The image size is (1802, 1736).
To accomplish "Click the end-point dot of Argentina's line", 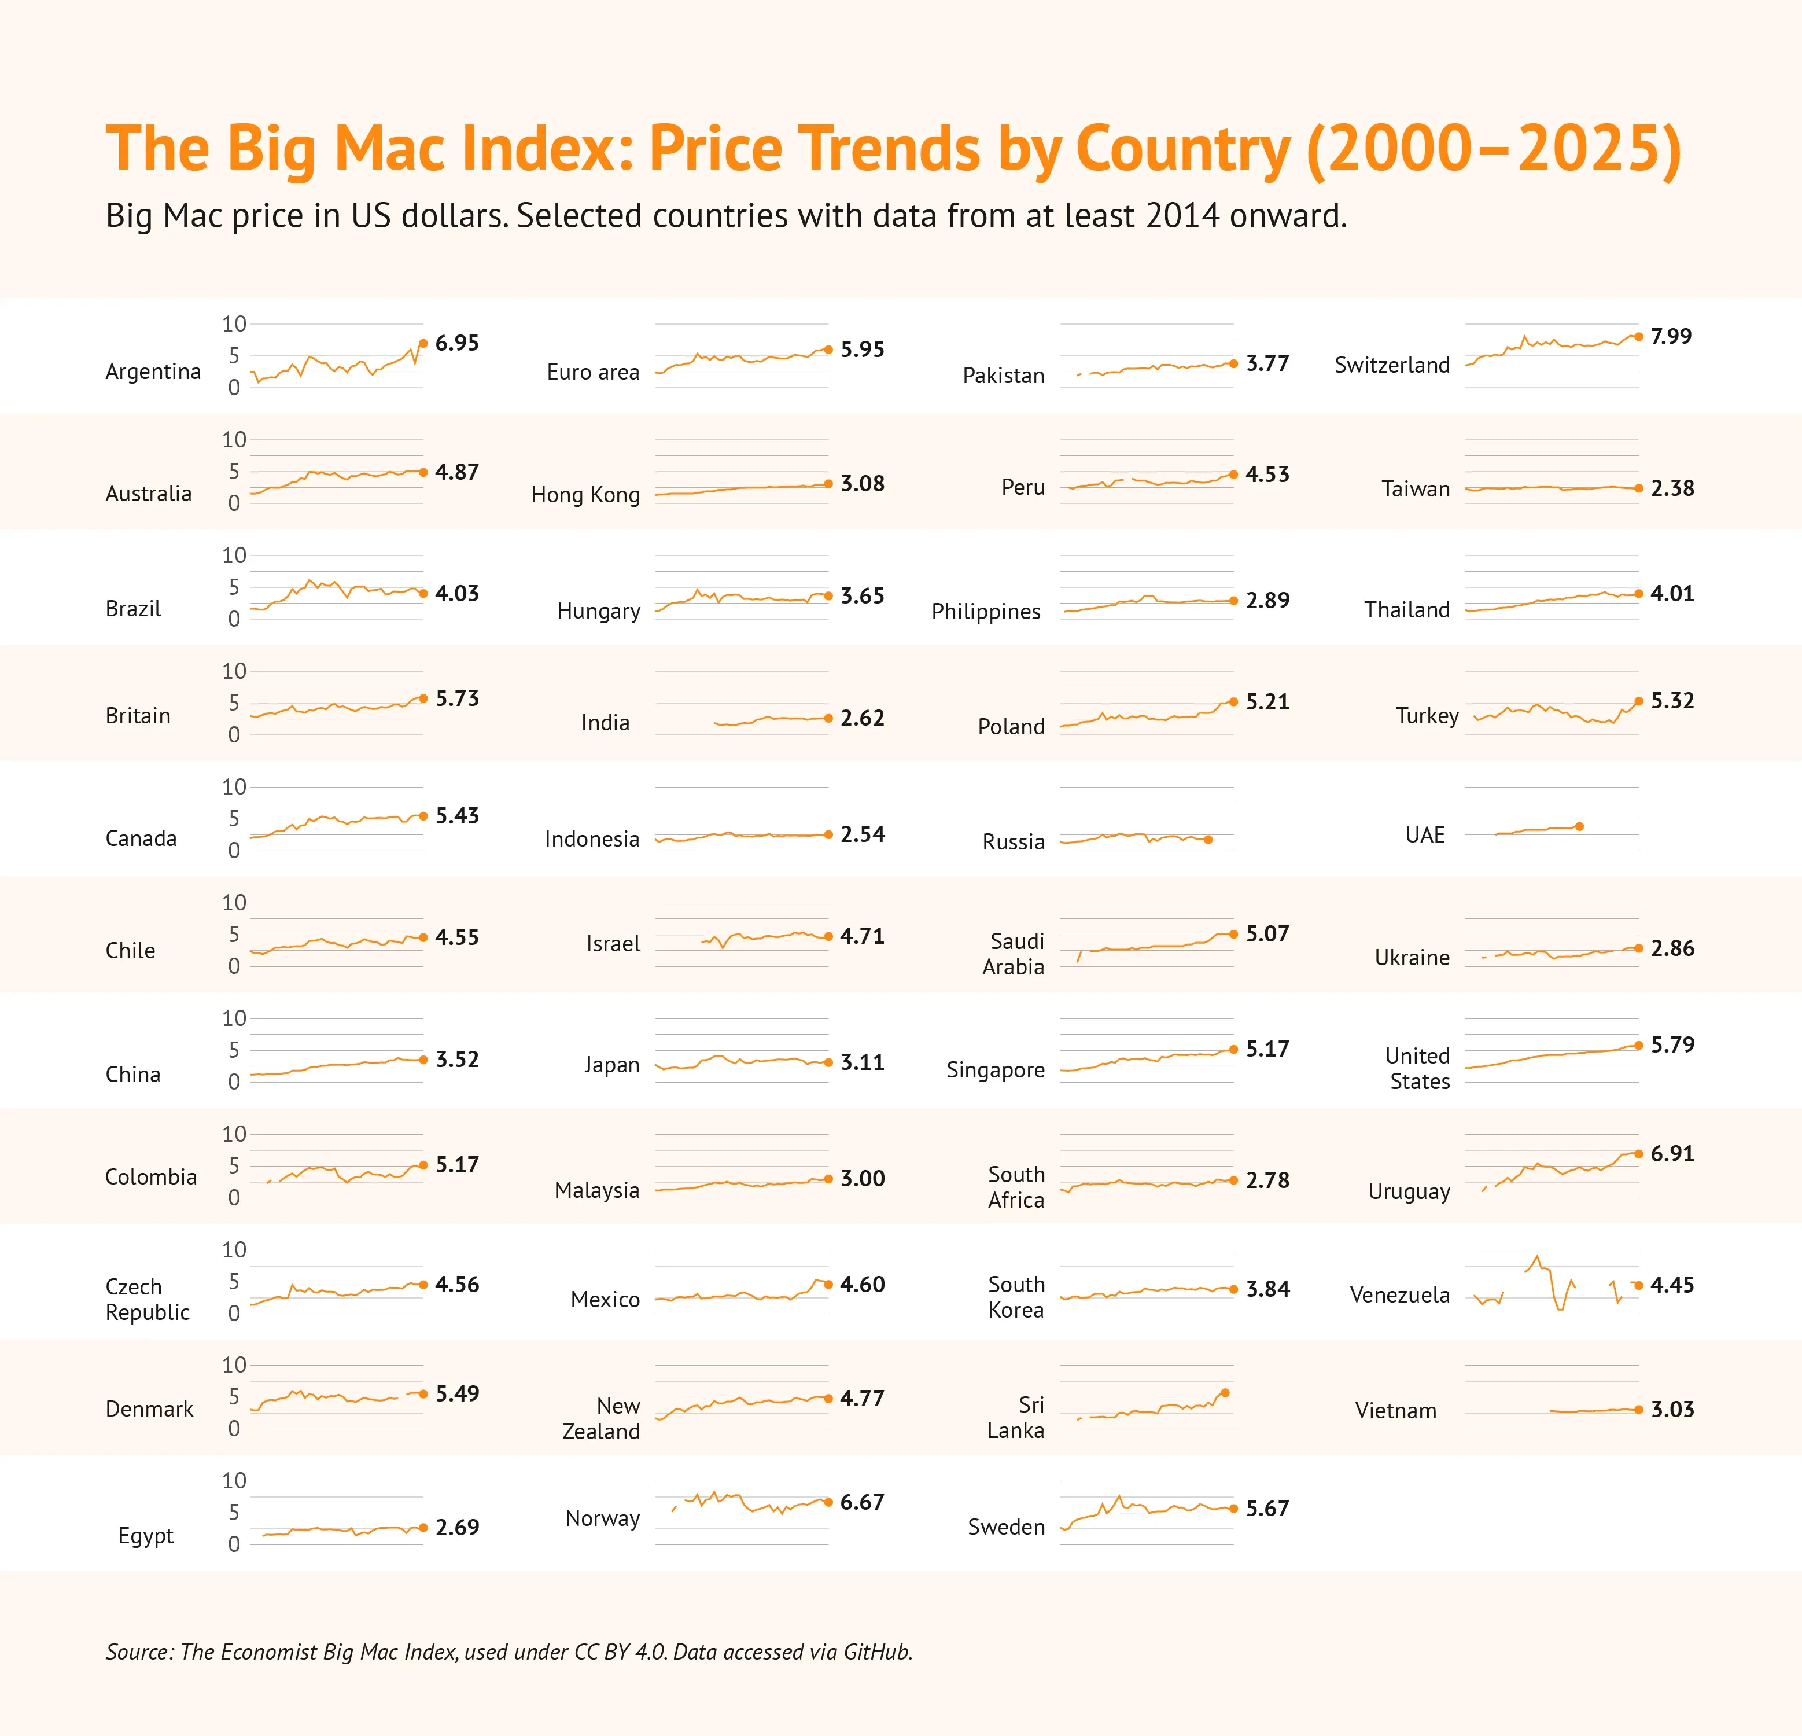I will point(423,343).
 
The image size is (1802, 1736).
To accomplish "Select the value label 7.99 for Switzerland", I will point(1671,337).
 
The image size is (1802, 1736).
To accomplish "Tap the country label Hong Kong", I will point(585,495).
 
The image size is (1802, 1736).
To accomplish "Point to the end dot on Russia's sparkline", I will point(1208,840).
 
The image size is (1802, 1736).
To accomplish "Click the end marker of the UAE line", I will point(1579,826).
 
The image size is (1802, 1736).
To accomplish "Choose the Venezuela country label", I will point(1399,1294).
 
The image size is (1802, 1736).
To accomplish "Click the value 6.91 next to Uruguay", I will point(1671,1153).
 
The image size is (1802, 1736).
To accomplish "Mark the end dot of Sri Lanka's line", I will point(1225,1393).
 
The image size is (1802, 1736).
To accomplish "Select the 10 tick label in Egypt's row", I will point(234,1480).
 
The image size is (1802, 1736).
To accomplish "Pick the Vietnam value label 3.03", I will point(1671,1410).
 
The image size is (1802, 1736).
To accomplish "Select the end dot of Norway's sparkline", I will point(828,1502).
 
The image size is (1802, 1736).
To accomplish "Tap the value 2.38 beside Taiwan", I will point(1671,488).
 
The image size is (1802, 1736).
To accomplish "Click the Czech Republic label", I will point(147,1299).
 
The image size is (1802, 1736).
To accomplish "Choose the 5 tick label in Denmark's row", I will point(234,1397).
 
